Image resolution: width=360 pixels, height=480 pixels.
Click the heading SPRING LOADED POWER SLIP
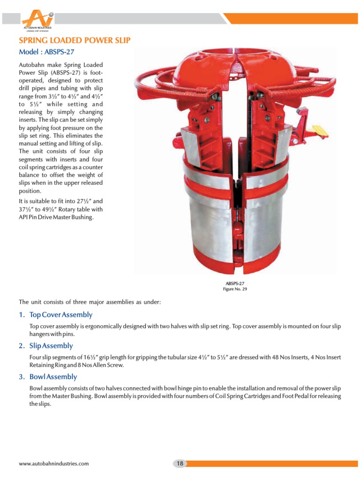click(74, 41)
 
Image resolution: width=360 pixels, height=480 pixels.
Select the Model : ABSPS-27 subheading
click(46, 52)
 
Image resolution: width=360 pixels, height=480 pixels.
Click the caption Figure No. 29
click(235, 289)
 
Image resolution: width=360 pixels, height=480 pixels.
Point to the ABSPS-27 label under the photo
click(235, 283)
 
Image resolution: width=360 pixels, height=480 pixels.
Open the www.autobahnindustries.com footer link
click(53, 464)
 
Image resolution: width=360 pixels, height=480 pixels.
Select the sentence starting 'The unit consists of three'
click(90, 302)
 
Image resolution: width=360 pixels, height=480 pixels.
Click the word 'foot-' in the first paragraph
click(95, 73)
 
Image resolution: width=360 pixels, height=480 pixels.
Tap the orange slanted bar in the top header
click(291, 18)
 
